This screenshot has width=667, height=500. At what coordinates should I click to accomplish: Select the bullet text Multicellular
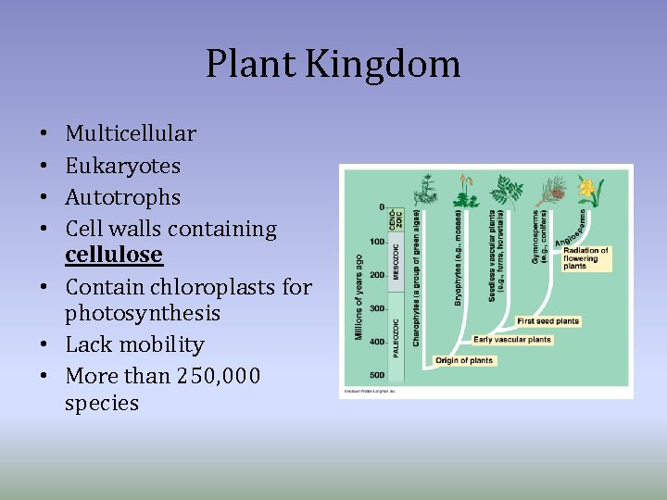(131, 133)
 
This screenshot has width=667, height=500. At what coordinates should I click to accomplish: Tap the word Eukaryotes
(122, 166)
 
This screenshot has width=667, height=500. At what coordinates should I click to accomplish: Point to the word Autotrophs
(122, 197)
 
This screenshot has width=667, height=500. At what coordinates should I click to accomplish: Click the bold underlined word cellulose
(113, 254)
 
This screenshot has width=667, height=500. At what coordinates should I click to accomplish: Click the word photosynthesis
(143, 313)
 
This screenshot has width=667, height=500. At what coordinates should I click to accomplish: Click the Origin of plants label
(465, 360)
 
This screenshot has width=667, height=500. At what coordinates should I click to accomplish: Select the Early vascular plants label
(512, 339)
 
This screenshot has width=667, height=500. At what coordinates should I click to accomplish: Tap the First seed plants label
(548, 321)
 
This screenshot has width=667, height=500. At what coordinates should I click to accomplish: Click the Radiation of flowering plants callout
(585, 257)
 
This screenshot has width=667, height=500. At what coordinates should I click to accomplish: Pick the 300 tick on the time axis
(377, 308)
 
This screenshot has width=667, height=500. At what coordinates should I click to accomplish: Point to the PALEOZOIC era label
(396, 337)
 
